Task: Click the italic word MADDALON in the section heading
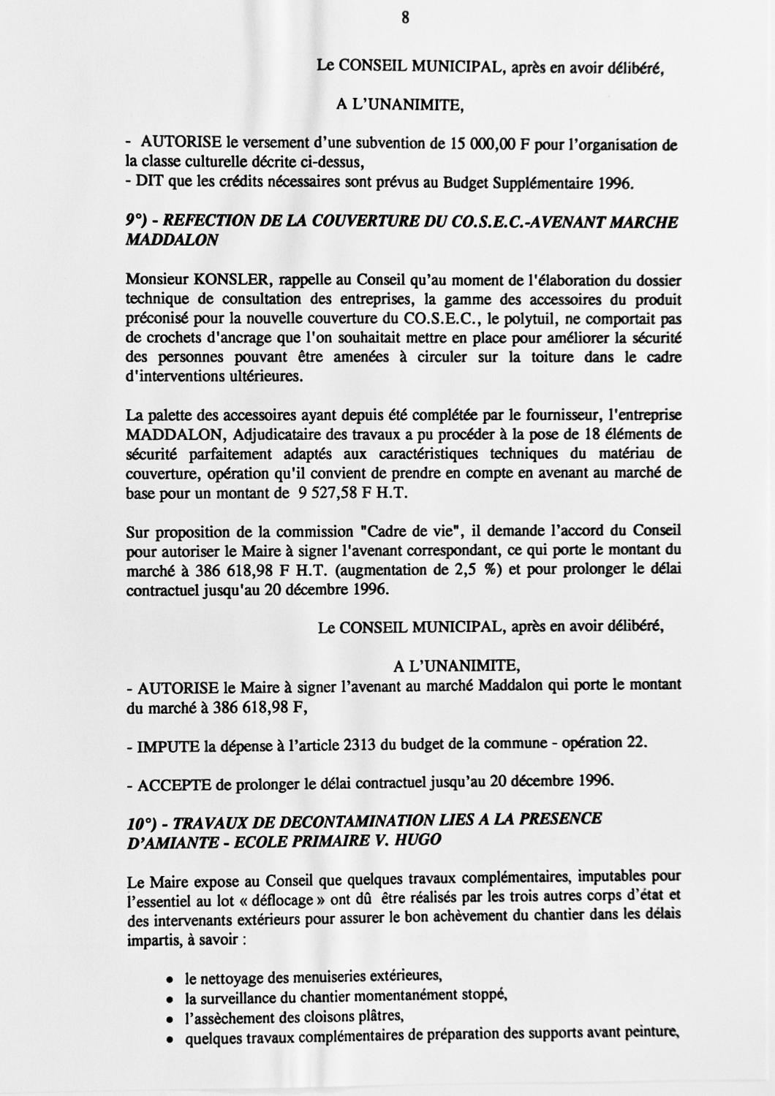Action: [172, 241]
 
